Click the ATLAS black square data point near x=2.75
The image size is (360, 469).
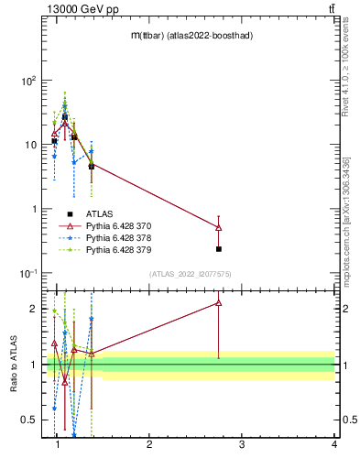(x=219, y=248)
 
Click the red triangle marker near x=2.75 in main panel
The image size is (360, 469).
(x=219, y=227)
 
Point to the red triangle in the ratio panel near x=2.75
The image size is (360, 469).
(x=219, y=302)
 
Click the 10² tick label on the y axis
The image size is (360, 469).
(x=29, y=81)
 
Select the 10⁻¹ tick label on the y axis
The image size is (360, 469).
(x=28, y=273)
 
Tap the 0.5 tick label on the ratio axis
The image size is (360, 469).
(x=27, y=420)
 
